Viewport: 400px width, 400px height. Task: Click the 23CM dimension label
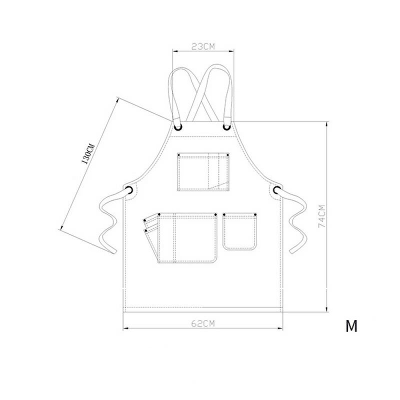[203, 46]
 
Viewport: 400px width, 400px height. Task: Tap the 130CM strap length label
[88, 154]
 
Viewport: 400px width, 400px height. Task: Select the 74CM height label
[322, 216]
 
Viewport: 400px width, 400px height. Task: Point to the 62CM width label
[203, 323]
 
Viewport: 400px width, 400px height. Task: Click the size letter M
[351, 326]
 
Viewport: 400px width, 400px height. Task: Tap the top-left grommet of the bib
[178, 127]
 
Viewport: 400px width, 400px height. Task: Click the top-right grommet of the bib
[226, 127]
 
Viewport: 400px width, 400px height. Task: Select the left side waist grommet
[129, 190]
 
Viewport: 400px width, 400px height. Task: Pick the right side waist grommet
[277, 190]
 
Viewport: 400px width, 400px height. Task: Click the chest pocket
[203, 171]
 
